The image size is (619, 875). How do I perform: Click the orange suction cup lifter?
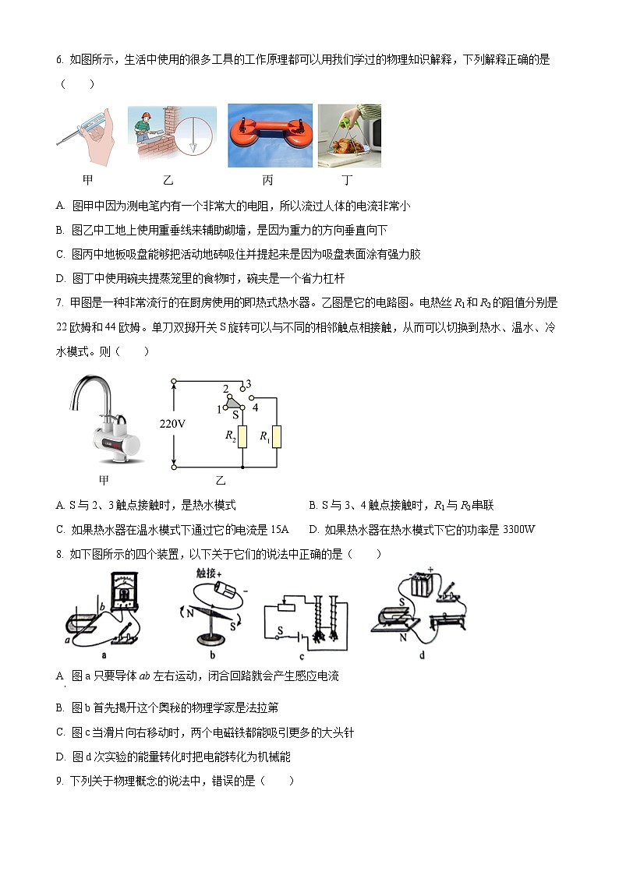269,138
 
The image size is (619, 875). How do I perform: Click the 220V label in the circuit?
172,424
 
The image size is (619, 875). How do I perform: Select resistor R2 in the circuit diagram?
242,437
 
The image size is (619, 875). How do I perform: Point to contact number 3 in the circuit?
248,384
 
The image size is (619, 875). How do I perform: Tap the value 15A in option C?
279,530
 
